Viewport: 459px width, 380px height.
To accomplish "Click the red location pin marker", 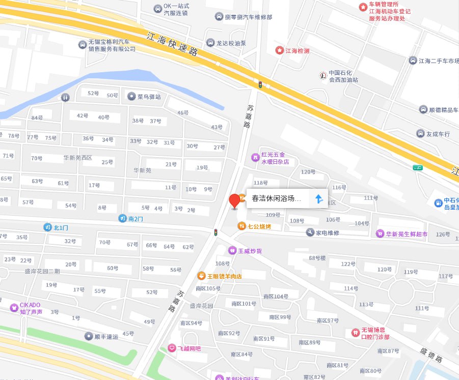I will [x=234, y=200].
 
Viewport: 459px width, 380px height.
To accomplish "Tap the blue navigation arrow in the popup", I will [x=319, y=199].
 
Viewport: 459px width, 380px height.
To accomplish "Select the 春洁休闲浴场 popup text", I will [x=277, y=199].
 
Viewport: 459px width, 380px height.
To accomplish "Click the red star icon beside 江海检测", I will [x=279, y=50].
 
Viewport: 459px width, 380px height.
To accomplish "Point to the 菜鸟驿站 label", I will [x=149, y=97].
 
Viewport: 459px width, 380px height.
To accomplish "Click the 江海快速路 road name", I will [x=172, y=45].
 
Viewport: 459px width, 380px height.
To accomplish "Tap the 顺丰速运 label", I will [x=106, y=336].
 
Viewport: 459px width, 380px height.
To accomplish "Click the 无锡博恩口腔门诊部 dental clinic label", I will [x=375, y=334].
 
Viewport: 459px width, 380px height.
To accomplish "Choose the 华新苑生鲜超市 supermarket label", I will [x=407, y=234].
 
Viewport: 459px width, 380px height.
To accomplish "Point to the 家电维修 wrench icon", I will [x=310, y=232].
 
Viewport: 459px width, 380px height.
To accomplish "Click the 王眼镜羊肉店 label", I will [x=224, y=276].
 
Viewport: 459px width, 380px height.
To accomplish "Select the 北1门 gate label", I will [x=61, y=227].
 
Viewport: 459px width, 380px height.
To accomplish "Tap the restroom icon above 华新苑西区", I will [x=65, y=97].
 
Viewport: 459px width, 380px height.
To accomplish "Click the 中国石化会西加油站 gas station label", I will [x=343, y=76].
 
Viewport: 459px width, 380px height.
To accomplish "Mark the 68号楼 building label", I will [x=317, y=257].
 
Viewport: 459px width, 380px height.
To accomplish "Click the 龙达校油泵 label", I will [x=231, y=43].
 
